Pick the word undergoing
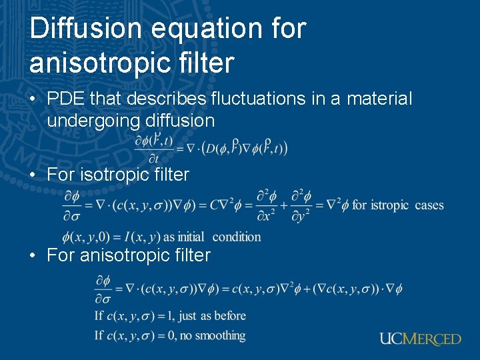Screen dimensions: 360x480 pyautogui.click(x=97, y=121)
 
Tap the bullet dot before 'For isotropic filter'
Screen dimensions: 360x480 pyautogui.click(x=33, y=175)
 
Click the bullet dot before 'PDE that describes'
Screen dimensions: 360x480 pyautogui.click(x=33, y=99)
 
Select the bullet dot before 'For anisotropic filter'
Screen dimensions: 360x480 pyautogui.click(x=33, y=255)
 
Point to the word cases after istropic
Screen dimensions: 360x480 pyautogui.click(x=429, y=205)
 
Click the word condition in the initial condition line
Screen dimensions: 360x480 pyautogui.click(x=237, y=237)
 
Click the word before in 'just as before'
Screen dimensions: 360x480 pyautogui.click(x=231, y=315)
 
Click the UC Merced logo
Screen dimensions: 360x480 pyautogui.click(x=420, y=339)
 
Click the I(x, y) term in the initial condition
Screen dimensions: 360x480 pyautogui.click(x=145, y=237)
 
